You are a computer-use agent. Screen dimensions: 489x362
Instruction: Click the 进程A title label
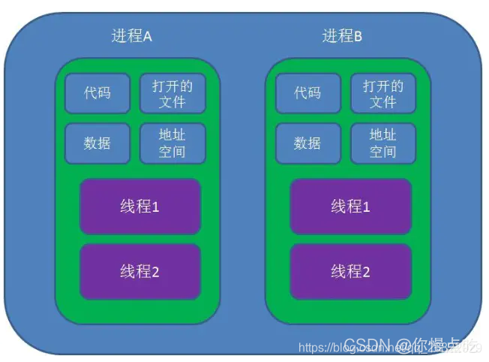pos(131,36)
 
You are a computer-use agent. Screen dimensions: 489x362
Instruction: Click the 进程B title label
pos(342,36)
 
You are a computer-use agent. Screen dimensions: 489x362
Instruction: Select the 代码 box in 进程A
pos(97,93)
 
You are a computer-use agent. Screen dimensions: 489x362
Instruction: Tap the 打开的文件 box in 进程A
pos(172,93)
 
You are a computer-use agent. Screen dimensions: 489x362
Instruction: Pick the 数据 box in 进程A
pos(97,143)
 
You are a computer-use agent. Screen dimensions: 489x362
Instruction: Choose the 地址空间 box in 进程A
pos(172,143)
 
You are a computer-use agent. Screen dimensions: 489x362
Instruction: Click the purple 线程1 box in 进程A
pos(139,207)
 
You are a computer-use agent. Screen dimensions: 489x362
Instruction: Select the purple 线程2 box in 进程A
pos(139,271)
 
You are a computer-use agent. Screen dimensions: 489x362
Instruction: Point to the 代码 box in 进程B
pos(307,93)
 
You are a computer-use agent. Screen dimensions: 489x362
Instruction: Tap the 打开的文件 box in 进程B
pos(382,93)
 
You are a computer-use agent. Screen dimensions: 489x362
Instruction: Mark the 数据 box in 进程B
pos(307,143)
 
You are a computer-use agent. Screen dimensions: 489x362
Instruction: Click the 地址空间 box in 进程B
pos(382,143)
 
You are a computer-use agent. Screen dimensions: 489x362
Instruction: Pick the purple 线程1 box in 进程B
pos(350,207)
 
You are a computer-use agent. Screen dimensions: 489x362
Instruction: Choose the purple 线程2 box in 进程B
pos(350,271)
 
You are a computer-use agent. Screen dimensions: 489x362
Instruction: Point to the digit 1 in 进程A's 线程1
pos(156,207)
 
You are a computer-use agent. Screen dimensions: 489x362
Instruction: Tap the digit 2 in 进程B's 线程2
pos(367,272)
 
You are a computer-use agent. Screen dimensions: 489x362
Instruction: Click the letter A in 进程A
pos(148,36)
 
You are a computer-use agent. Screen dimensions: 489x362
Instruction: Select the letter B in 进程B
pos(358,36)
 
